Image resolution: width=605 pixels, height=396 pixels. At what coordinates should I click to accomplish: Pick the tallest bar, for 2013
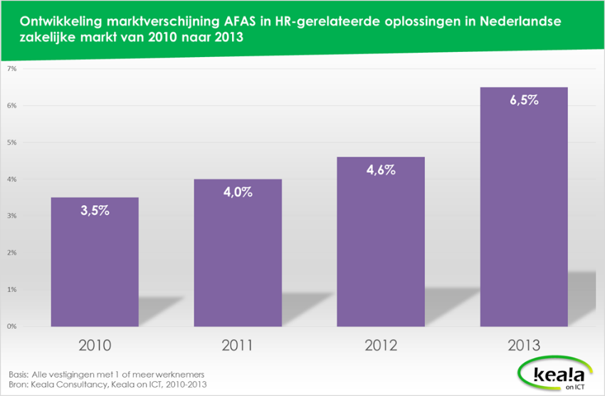(523, 207)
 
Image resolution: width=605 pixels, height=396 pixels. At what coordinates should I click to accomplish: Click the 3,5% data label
(94, 211)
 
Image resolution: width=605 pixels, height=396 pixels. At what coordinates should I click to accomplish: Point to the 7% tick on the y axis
(12, 69)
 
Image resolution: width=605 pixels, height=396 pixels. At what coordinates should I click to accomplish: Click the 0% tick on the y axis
(12, 326)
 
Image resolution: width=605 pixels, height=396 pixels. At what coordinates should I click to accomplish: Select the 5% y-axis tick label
(12, 142)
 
